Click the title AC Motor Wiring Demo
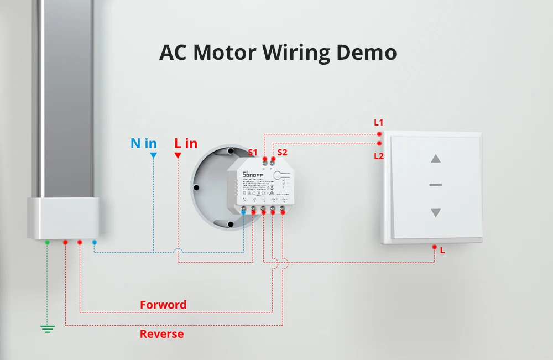(x=278, y=53)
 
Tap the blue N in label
(x=144, y=143)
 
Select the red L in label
(x=186, y=143)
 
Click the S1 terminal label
(x=253, y=152)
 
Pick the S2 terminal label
(x=282, y=152)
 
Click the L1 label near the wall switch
(x=379, y=122)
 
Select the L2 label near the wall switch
(x=379, y=156)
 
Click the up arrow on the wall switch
(x=436, y=159)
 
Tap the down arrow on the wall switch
(x=436, y=212)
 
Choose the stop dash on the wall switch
(x=436, y=185)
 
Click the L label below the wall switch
(x=442, y=250)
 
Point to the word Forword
(x=163, y=305)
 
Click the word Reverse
(x=161, y=334)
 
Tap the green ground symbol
(x=48, y=329)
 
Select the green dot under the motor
(x=48, y=242)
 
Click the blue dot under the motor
(x=95, y=242)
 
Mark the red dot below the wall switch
(x=435, y=247)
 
